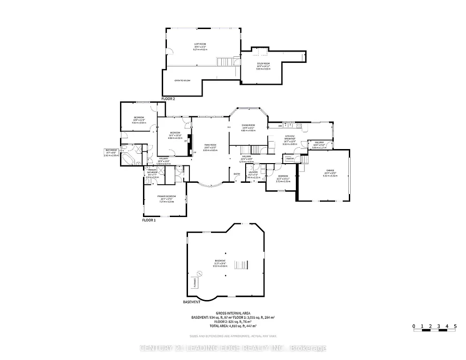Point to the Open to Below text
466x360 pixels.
(x=182, y=81)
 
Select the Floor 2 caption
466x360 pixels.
(x=168, y=99)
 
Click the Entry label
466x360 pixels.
(x=237, y=175)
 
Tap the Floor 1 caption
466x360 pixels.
(x=149, y=219)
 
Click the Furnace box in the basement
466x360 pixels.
(x=195, y=282)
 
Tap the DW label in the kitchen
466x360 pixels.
(x=280, y=126)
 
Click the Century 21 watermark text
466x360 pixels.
(x=233, y=348)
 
